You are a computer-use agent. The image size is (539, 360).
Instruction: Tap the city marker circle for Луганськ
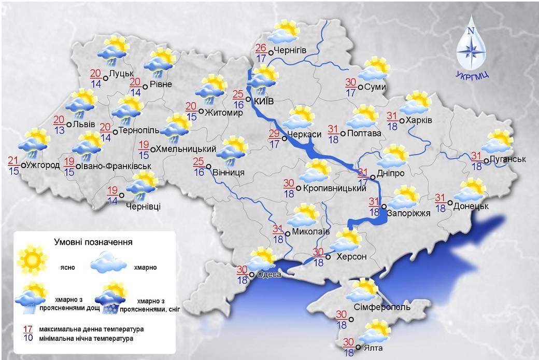(x=486, y=161)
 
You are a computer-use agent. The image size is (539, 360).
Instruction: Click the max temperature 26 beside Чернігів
(x=261, y=48)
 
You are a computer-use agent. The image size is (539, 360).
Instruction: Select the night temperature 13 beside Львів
(x=60, y=130)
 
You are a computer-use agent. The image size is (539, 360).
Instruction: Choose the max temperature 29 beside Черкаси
(x=275, y=134)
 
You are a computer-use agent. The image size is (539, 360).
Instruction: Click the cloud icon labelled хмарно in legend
(x=108, y=261)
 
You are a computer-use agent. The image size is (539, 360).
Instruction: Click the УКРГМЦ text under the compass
(x=472, y=75)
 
